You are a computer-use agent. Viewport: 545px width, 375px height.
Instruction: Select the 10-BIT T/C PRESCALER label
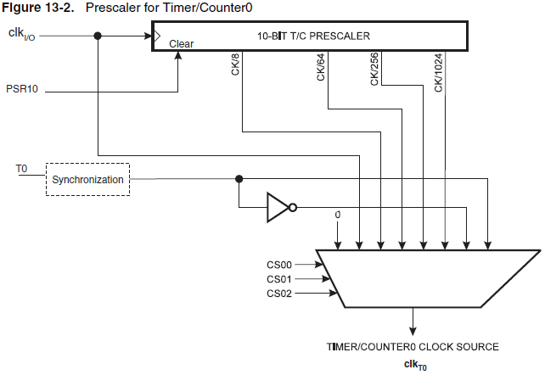coord(313,36)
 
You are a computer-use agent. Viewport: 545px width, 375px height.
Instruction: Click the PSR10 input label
coord(21,88)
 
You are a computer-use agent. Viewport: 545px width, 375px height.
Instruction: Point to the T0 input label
coord(21,170)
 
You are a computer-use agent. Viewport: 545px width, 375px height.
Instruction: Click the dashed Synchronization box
coord(87,180)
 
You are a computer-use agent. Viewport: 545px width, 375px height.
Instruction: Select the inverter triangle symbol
coord(279,207)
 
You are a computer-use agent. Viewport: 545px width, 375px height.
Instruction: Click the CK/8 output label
coord(235,66)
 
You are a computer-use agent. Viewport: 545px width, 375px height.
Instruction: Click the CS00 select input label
coord(279,265)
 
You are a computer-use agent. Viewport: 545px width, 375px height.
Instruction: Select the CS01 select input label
coord(279,279)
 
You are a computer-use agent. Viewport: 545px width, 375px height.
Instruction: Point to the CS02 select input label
coord(279,294)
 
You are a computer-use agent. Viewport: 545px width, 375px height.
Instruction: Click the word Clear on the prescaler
coord(182,42)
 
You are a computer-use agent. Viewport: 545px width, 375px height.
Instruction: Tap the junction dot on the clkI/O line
coord(98,36)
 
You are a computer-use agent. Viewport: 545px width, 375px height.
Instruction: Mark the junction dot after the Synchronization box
coord(239,179)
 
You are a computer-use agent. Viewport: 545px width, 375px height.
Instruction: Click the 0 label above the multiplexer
coord(338,215)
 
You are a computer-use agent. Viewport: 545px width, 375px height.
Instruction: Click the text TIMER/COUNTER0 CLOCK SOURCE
coord(413,347)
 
